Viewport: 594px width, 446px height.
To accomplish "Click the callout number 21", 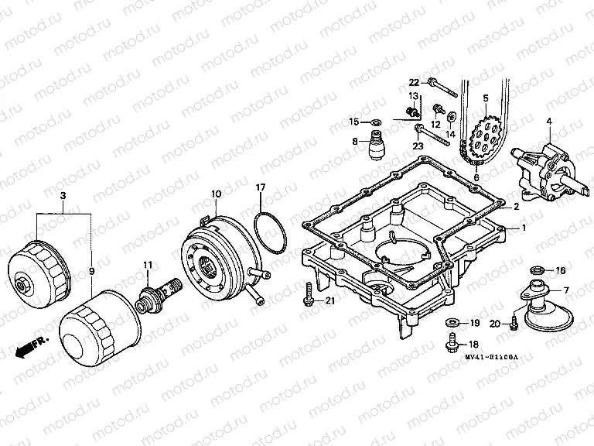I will pyautogui.click(x=330, y=300).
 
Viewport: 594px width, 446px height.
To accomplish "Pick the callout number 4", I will pyautogui.click(x=549, y=121).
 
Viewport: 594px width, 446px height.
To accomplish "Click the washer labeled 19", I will pyautogui.click(x=451, y=321).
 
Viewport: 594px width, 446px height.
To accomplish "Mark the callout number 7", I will pyautogui.click(x=565, y=290).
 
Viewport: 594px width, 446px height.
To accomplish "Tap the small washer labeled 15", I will pyautogui.click(x=376, y=122).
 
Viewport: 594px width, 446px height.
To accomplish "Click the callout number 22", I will pyautogui.click(x=414, y=82).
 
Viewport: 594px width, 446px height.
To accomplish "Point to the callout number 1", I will pyautogui.click(x=524, y=228).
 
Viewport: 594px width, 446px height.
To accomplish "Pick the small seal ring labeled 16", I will pyautogui.click(x=534, y=271).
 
